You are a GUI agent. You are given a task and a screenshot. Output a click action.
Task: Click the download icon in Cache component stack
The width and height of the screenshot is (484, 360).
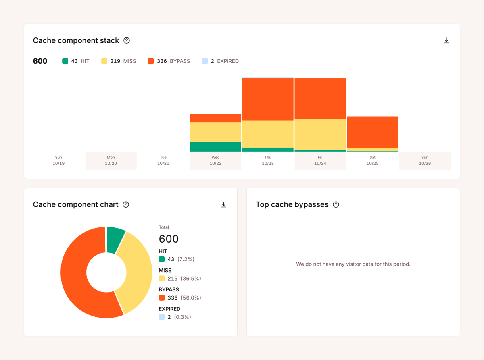tap(446, 41)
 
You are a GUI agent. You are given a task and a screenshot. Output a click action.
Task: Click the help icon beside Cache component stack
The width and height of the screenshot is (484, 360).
tap(127, 40)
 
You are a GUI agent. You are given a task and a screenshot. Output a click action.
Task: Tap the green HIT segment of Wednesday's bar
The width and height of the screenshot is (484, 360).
tap(215, 146)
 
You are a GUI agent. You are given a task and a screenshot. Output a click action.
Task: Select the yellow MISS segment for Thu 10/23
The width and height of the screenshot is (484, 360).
tap(268, 134)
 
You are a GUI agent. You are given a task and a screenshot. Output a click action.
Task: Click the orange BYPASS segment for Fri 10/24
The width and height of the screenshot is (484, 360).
tap(320, 98)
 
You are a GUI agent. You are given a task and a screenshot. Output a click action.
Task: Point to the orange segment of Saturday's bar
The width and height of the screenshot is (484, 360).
tap(372, 132)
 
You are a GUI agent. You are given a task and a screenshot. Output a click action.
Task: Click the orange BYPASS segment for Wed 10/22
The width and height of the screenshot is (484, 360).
tap(215, 118)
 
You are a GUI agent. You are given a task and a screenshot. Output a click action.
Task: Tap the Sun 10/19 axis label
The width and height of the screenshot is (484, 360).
tap(58, 160)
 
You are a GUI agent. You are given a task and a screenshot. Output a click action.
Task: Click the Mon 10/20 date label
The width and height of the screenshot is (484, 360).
tap(111, 160)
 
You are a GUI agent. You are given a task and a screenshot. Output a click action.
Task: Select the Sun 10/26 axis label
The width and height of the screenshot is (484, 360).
tap(425, 160)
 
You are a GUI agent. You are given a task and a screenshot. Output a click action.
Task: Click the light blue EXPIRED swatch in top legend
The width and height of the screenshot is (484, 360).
tap(205, 61)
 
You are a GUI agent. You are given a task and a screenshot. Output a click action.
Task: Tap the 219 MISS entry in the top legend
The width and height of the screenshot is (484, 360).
tap(119, 61)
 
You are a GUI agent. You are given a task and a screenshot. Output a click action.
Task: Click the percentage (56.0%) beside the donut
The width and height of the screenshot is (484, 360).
tap(191, 298)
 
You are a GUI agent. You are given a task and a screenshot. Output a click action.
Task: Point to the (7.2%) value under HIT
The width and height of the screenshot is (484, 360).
tap(186, 259)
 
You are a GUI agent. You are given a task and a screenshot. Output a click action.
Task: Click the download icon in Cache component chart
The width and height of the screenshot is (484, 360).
tap(223, 205)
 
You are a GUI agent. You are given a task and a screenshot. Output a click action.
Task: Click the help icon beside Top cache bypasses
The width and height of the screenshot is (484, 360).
tap(336, 205)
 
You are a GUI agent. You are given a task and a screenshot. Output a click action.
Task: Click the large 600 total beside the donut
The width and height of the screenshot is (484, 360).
tap(169, 239)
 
